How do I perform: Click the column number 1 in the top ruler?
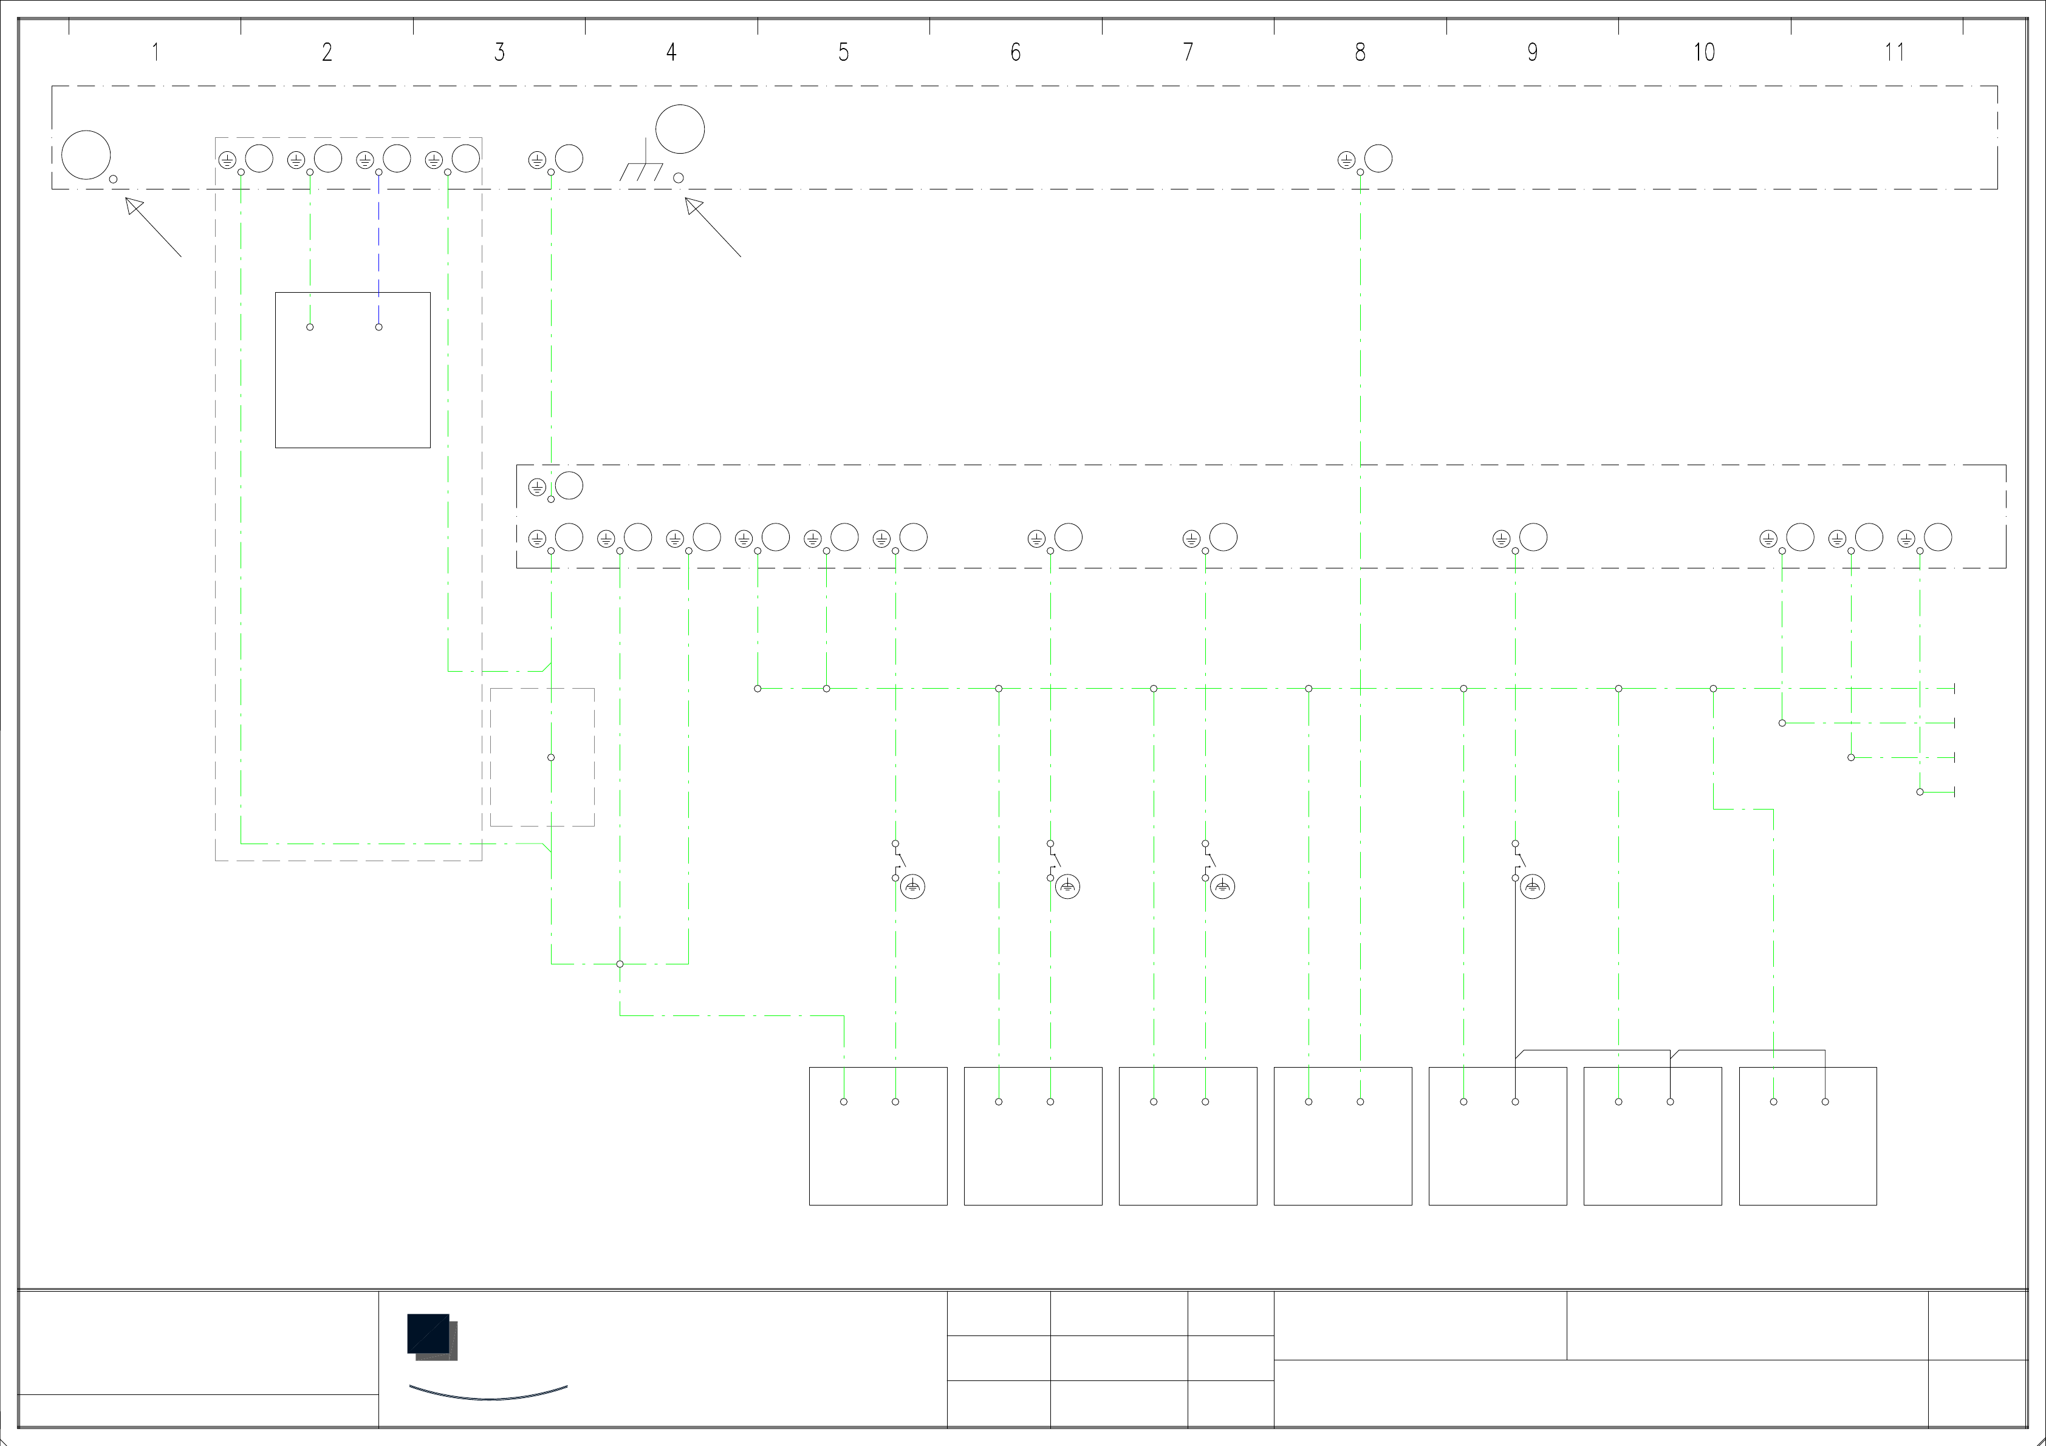point(155,53)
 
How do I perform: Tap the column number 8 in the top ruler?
point(1360,53)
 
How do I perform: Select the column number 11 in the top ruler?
point(1895,53)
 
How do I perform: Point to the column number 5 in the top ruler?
point(843,53)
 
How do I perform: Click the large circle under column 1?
point(86,155)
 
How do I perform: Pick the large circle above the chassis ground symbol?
point(680,129)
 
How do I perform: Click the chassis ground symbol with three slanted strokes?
point(642,169)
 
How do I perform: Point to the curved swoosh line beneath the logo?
point(488,1395)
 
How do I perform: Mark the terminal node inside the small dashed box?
point(551,757)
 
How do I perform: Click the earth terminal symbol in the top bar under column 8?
point(1346,160)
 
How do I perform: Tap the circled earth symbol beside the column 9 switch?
point(1533,887)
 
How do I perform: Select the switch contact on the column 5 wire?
point(898,861)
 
